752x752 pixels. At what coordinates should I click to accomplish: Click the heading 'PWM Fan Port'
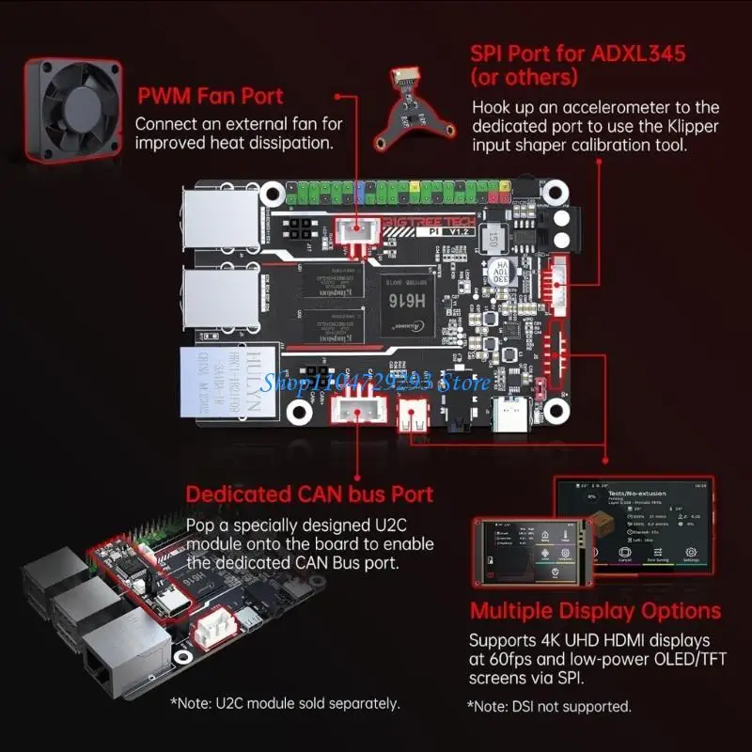(x=211, y=96)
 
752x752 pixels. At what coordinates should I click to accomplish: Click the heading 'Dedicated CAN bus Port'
(x=309, y=494)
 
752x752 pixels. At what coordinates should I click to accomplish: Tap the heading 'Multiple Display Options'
(x=595, y=610)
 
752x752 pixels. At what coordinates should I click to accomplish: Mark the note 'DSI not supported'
(x=549, y=706)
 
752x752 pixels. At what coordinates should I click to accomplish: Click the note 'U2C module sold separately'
(x=285, y=702)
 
